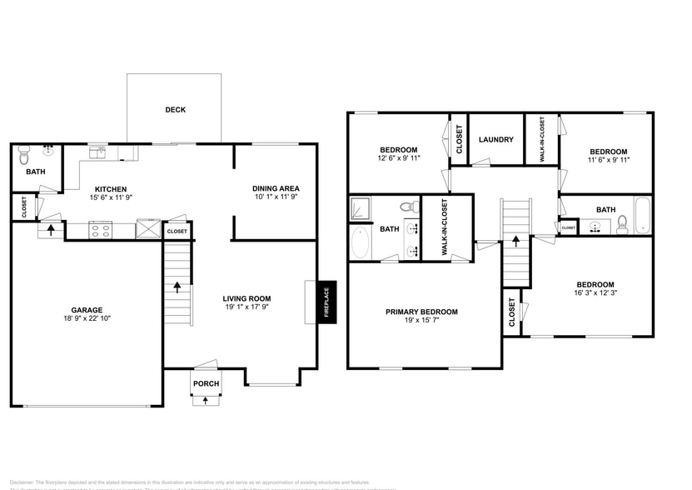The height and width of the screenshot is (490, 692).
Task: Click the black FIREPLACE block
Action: pyautogui.click(x=326, y=303)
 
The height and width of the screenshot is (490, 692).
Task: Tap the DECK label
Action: pyautogui.click(x=175, y=109)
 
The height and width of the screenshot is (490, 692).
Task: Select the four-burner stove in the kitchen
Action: pyautogui.click(x=101, y=231)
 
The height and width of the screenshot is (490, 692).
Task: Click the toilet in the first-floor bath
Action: pyautogui.click(x=23, y=155)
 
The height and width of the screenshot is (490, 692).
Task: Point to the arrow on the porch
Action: pyautogui.click(x=206, y=400)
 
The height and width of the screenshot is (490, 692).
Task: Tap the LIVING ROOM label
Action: pyautogui.click(x=246, y=298)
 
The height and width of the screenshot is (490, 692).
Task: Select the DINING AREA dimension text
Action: pyautogui.click(x=275, y=198)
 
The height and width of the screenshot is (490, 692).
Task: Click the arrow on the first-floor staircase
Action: pyautogui.click(x=177, y=287)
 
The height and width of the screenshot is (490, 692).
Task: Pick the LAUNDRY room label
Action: pyautogui.click(x=497, y=140)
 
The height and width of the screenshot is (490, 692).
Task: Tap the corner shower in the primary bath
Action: pyautogui.click(x=360, y=207)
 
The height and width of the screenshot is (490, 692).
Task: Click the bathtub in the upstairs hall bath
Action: pyautogui.click(x=641, y=215)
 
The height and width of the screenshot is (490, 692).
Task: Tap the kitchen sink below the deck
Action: pyautogui.click(x=99, y=151)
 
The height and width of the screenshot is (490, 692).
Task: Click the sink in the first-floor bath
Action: pyautogui.click(x=48, y=151)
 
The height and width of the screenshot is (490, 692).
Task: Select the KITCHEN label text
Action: pyautogui.click(x=110, y=188)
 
